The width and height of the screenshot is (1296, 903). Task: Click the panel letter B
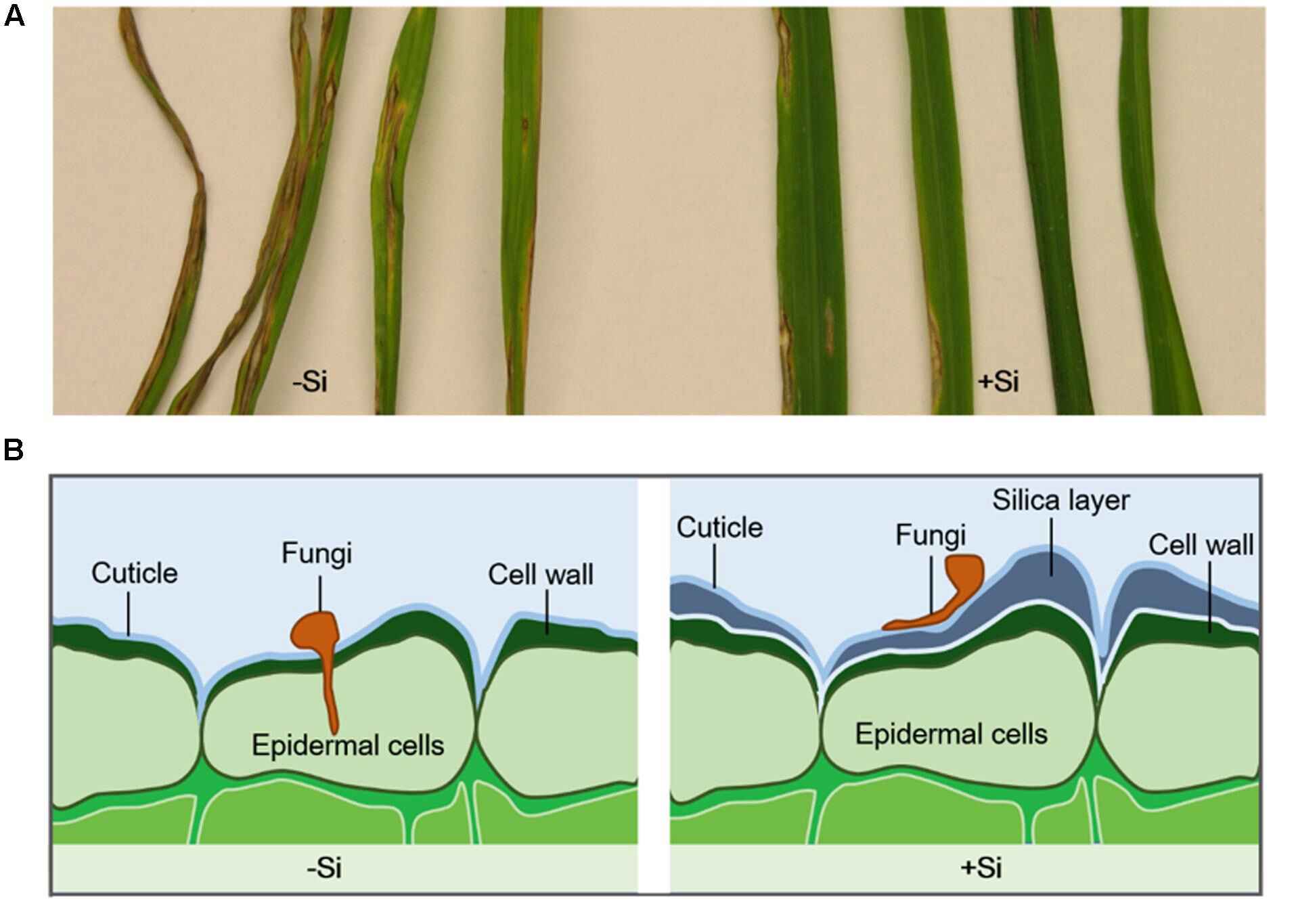pos(14,450)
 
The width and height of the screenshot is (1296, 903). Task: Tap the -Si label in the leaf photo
pos(310,382)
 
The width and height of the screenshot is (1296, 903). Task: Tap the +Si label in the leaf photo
pos(998,382)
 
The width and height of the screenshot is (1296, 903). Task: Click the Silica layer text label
pos(1061,501)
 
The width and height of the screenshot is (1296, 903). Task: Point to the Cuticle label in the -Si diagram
pos(135,573)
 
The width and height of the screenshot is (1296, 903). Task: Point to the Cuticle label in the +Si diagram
pos(719,528)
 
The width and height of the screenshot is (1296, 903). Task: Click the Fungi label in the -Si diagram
pos(317,554)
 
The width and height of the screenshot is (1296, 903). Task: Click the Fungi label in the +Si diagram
pos(931,535)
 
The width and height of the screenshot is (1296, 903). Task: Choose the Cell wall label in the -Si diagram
pos(541,575)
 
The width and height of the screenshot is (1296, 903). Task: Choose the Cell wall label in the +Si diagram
pos(1201,545)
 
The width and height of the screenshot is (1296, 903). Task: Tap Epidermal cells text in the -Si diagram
pos(348,745)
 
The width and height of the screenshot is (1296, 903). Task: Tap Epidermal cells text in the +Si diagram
pos(951,734)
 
